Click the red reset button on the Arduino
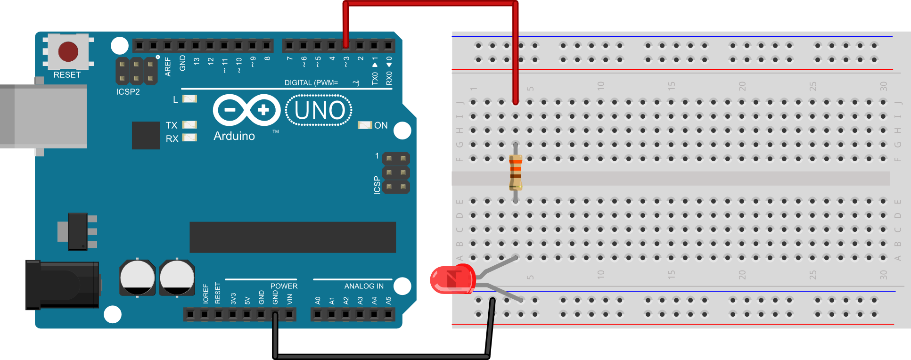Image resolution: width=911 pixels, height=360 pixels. pos(68,51)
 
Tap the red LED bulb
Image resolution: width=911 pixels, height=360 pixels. pos(452,279)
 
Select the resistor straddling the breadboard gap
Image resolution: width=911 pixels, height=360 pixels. pos(516,172)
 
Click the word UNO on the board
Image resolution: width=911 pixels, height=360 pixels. pos(320,111)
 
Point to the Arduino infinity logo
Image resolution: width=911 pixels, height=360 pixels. pos(246,110)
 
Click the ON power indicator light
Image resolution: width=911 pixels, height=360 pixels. pos(365,125)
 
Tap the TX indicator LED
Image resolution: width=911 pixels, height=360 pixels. pos(189,125)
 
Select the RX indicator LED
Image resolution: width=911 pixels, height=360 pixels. pos(189,138)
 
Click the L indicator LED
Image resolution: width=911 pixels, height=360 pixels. pos(189,99)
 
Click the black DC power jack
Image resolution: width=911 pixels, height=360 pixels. pos(62,285)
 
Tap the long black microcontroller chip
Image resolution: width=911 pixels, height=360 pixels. pos(292,237)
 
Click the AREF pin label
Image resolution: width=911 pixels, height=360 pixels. pos(168,66)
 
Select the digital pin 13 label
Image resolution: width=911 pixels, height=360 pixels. pos(197,61)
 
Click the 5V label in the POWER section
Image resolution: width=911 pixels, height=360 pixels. pos(247,300)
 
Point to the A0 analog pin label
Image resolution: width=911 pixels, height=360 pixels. pos(318,300)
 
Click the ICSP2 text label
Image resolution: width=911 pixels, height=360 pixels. pos(128,92)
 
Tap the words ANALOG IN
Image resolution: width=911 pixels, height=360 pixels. pos(364,286)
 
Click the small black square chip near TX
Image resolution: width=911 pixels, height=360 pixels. pos(146,135)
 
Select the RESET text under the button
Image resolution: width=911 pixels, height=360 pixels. pos(67,75)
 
